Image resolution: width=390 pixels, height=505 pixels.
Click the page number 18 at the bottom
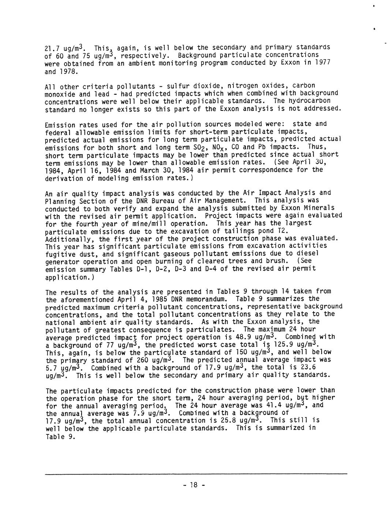[x=194, y=485]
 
